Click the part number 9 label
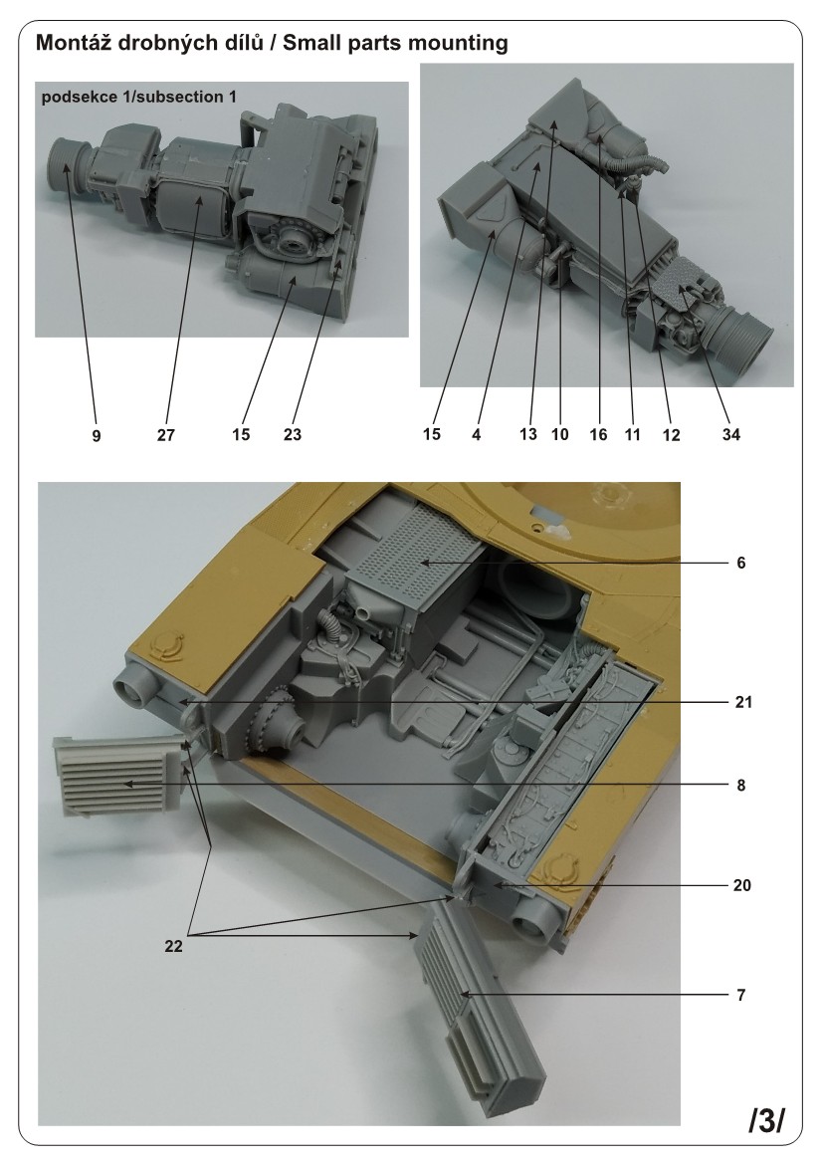click(97, 435)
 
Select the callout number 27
click(166, 435)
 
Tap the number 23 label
click(292, 435)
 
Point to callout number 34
click(733, 435)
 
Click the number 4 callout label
click(477, 435)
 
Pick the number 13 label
click(527, 435)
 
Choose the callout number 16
click(601, 435)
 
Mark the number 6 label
click(741, 563)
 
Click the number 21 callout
click(741, 702)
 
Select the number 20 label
click(741, 884)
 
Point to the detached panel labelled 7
click(478, 1006)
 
